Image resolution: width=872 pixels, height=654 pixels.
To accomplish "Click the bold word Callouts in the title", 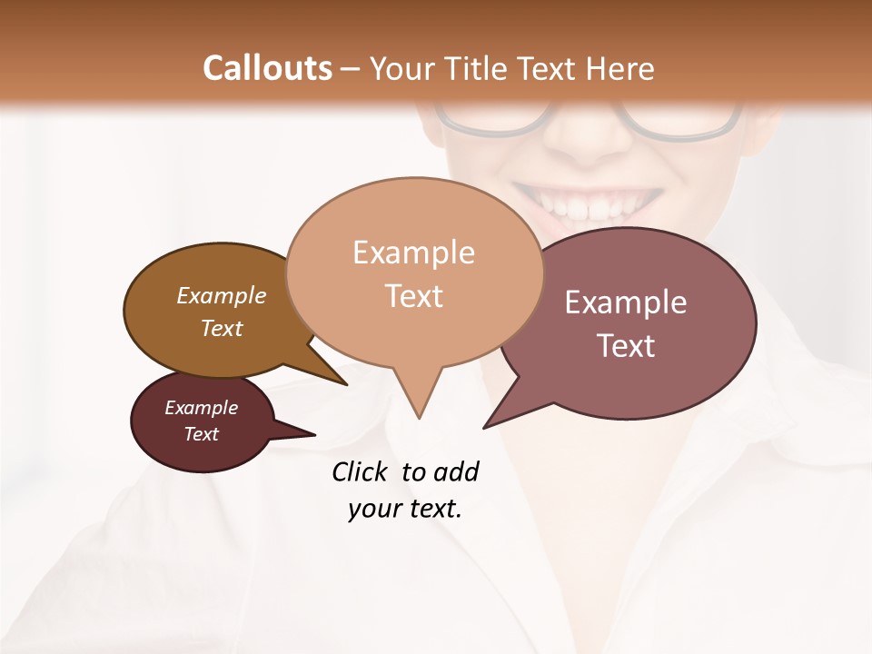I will (267, 68).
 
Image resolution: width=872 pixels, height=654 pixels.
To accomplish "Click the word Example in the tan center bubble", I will (413, 253).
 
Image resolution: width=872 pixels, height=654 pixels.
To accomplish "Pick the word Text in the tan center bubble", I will (413, 296).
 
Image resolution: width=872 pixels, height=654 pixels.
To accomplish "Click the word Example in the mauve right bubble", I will (626, 302).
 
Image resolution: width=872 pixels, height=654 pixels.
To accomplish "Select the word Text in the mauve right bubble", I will (626, 346).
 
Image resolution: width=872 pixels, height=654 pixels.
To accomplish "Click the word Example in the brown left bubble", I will (222, 296).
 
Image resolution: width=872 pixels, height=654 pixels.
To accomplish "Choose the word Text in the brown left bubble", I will (222, 329).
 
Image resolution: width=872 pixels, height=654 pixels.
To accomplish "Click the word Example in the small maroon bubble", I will (201, 408).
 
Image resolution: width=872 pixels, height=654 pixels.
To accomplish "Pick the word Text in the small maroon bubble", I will (201, 434).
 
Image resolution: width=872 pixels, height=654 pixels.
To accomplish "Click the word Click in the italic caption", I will (362, 471).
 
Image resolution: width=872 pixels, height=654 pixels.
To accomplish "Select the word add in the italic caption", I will (456, 471).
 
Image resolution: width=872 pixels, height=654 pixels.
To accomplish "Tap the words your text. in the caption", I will (404, 509).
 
